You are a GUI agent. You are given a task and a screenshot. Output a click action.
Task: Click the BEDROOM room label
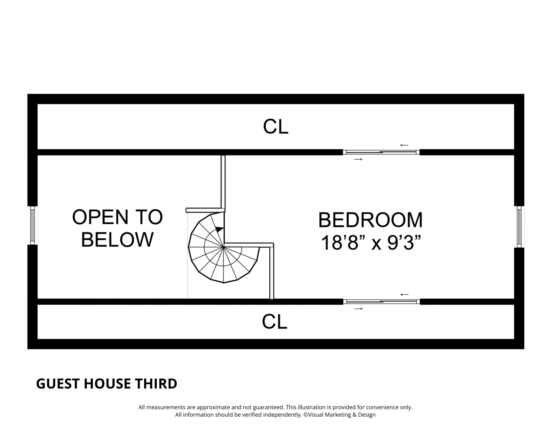[370, 220]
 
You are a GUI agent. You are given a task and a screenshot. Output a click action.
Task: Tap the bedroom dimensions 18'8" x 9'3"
[371, 243]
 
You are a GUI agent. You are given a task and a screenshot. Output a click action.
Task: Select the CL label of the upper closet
[276, 127]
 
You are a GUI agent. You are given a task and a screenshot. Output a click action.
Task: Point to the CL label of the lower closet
[275, 322]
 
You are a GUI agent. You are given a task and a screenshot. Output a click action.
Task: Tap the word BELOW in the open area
[117, 239]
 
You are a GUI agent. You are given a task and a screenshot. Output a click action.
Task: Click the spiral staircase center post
[223, 246]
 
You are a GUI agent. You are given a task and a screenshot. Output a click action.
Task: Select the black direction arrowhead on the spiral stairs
[219, 229]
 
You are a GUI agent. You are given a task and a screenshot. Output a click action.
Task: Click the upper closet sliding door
[381, 152]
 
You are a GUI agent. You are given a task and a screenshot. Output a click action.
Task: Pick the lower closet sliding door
[382, 302]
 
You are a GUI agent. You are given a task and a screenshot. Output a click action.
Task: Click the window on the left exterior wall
[33, 225]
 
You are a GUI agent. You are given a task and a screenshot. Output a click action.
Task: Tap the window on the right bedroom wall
[519, 227]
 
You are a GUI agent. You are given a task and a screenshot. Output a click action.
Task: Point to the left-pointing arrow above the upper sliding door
[404, 145]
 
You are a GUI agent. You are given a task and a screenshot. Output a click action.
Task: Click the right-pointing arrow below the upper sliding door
[358, 159]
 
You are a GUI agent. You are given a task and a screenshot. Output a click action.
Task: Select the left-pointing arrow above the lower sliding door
[404, 294]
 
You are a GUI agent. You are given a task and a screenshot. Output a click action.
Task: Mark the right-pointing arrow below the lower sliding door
[358, 309]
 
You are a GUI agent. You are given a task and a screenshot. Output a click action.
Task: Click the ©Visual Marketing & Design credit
[339, 415]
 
